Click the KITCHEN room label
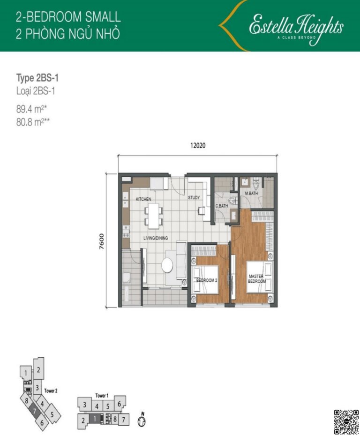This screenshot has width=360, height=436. (x=143, y=199)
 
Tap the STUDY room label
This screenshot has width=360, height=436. (x=194, y=197)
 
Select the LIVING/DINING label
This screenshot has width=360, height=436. (x=156, y=238)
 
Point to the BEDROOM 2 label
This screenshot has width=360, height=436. (x=207, y=280)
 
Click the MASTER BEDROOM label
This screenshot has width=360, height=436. (x=257, y=278)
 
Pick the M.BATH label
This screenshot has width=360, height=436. (x=251, y=193)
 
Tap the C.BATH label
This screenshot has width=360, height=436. (x=222, y=206)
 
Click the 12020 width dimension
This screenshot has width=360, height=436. (x=198, y=145)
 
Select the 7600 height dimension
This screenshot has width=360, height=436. (x=101, y=241)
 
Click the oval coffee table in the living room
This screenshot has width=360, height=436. (x=167, y=265)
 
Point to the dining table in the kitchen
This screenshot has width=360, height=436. (x=153, y=216)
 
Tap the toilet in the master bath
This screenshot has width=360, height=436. (x=256, y=183)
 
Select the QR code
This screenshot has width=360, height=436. (x=346, y=422)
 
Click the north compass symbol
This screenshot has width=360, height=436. (x=142, y=419)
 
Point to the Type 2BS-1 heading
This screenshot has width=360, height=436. (x=37, y=78)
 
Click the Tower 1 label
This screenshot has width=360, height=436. (x=102, y=395)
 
